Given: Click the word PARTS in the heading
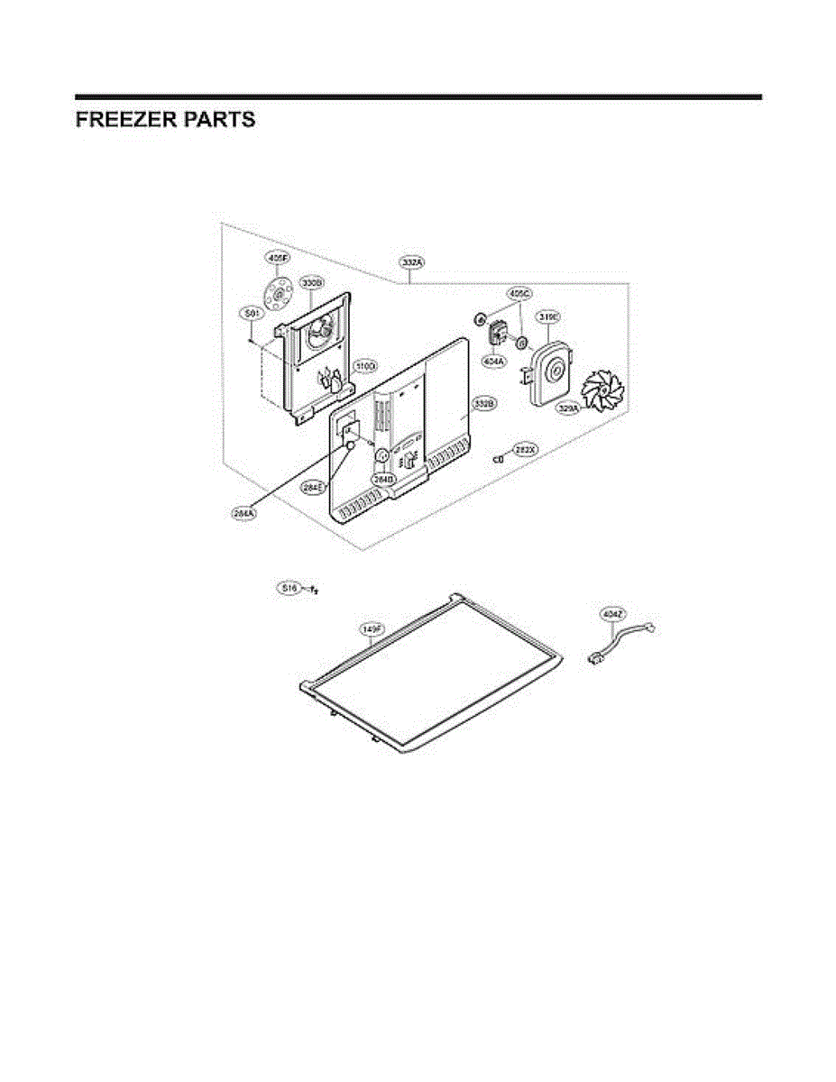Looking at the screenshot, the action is point(220,120).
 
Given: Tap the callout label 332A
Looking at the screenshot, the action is point(412,261).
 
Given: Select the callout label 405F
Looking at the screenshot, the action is point(278,258).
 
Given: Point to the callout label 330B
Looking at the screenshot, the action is point(312,282).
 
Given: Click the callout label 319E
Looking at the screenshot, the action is point(549,316).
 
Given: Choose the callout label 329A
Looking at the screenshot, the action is point(567,408).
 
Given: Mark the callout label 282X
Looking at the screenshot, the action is point(525,448).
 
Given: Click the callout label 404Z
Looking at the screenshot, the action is point(613,614).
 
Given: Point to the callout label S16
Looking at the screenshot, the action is point(289,589).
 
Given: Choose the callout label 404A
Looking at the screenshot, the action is point(493,361).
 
